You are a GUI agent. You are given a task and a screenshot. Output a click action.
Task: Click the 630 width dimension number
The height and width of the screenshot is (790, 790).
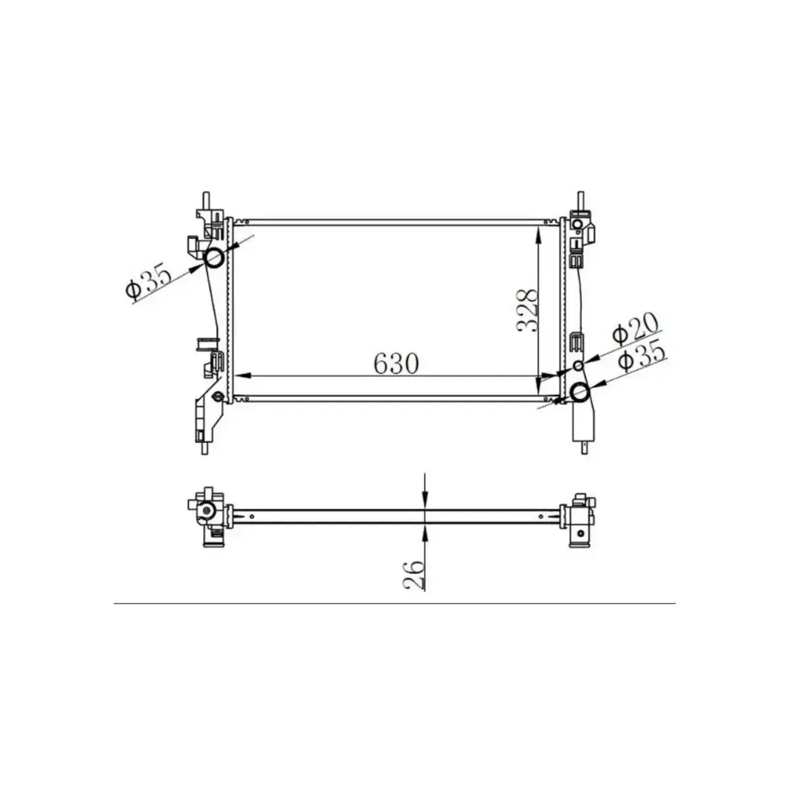click(396, 363)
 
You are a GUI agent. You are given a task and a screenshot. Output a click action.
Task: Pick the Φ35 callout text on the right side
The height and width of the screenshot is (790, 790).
click(644, 359)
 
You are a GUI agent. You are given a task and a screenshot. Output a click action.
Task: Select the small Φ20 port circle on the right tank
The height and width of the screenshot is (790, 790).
click(579, 366)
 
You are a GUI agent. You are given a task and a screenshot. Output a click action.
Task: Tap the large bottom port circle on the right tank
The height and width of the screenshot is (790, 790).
click(579, 392)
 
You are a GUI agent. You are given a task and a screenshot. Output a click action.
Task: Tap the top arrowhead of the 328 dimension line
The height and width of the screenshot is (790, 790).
click(540, 232)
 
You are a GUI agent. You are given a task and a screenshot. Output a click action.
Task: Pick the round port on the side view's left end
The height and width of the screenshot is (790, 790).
click(207, 511)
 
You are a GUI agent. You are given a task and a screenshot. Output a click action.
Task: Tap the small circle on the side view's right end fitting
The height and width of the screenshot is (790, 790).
click(579, 533)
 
